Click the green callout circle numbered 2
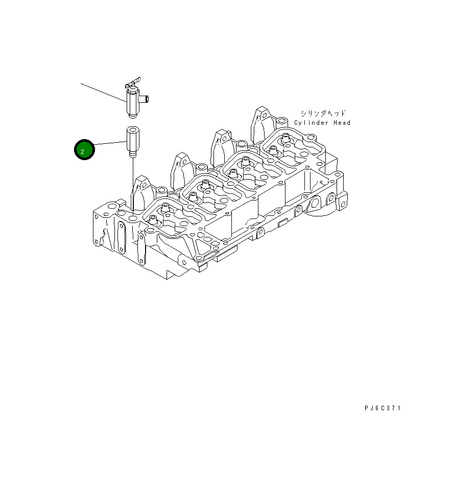click(x=85, y=150)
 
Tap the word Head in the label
click(x=341, y=123)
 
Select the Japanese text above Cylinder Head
click(x=323, y=113)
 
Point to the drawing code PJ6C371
click(x=383, y=408)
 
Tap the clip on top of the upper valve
click(x=133, y=81)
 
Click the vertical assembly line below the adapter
click(x=133, y=179)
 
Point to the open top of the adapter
click(x=132, y=130)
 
